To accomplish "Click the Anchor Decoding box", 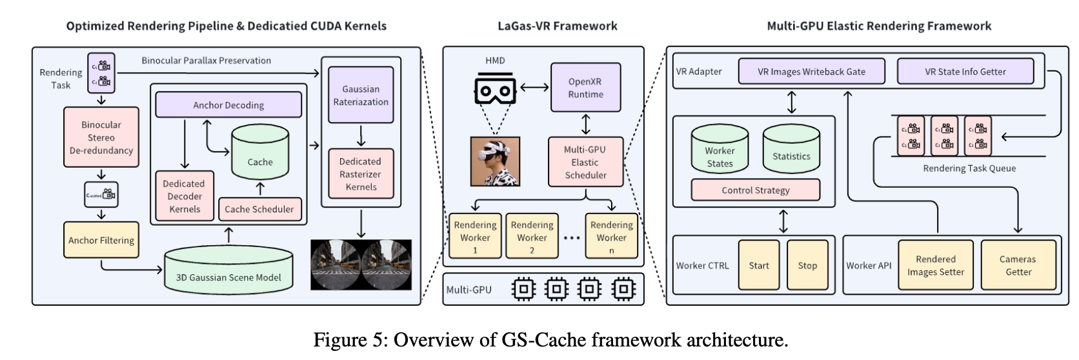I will pyautogui.click(x=228, y=105).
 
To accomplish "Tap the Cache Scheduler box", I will pyautogui.click(x=259, y=209).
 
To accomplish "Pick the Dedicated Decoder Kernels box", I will pyautogui.click(x=185, y=196).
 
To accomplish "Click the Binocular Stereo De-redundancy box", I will pyautogui.click(x=101, y=137).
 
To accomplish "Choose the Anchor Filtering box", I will pyautogui.click(x=101, y=240).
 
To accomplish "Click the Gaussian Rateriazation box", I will pyautogui.click(x=361, y=95).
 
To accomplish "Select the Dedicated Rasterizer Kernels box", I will pyautogui.click(x=360, y=174).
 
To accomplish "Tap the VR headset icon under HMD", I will pyautogui.click(x=495, y=90).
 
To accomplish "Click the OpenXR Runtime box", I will pyautogui.click(x=585, y=88).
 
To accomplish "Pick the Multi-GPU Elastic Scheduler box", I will pyautogui.click(x=585, y=162).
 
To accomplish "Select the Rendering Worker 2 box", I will pyautogui.click(x=532, y=236).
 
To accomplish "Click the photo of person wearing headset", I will pyautogui.click(x=495, y=161).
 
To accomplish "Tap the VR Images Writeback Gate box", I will pyautogui.click(x=811, y=72).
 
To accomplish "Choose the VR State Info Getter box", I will pyautogui.click(x=965, y=72).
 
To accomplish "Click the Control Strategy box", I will pyautogui.click(x=755, y=190).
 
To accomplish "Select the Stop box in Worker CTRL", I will pyautogui.click(x=807, y=265).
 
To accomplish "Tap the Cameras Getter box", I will pyautogui.click(x=1018, y=265).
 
